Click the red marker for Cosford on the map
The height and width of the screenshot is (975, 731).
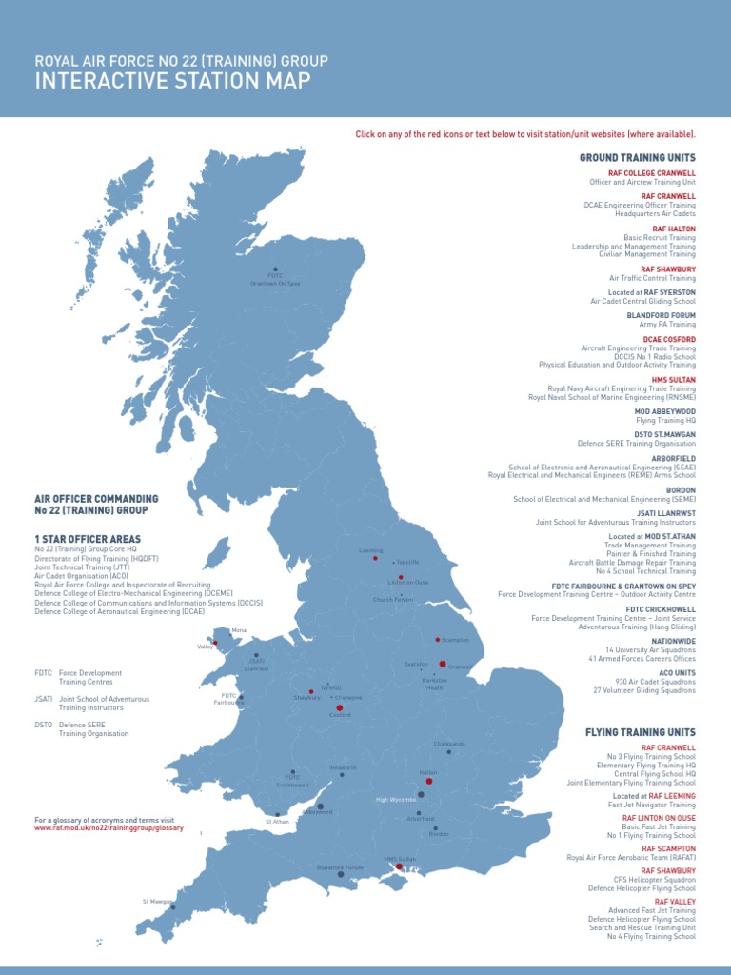coord(340,707)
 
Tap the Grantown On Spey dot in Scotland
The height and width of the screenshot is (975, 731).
coord(276,269)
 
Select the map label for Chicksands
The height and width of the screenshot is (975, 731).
coord(449,744)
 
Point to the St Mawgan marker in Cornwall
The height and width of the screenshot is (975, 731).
coord(172,907)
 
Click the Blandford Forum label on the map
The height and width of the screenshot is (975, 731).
coord(340,867)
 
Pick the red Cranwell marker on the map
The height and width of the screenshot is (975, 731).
coord(443,664)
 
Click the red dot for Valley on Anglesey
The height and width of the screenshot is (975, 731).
coord(215,642)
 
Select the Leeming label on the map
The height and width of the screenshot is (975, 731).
coord(371,550)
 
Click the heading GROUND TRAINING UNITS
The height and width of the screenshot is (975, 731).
coord(637,157)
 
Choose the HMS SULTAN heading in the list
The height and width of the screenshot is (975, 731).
coord(673,380)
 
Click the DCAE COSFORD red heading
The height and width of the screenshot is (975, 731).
coord(669,340)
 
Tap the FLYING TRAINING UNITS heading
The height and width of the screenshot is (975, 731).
coord(640,731)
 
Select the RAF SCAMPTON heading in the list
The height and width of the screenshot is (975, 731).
coord(668,848)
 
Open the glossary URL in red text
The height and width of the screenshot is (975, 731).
coord(109,828)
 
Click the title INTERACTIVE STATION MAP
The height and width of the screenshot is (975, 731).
coord(172,81)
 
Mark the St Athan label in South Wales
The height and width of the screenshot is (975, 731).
coord(277,821)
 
